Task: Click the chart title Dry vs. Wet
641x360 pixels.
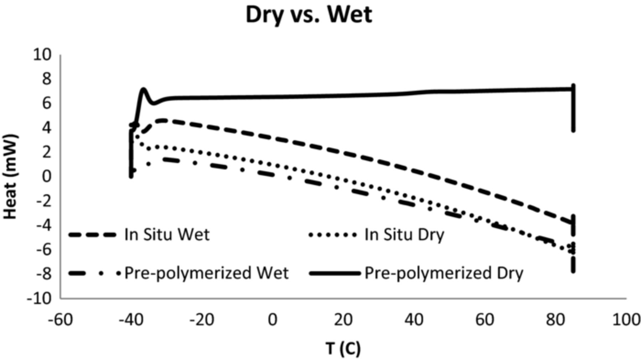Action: point(309,15)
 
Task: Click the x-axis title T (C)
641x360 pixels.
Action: point(343,348)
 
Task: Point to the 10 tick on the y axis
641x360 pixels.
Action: point(42,55)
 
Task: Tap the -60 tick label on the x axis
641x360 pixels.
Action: point(61,320)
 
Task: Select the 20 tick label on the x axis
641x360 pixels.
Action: point(343,320)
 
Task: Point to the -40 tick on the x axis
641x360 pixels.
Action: point(131,320)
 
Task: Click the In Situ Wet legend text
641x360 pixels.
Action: point(167,235)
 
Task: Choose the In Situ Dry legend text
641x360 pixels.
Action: point(404,235)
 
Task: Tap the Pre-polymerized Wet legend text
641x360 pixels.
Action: point(206,273)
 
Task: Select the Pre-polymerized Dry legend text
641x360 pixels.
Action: point(444,273)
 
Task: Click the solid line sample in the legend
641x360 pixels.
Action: point(335,273)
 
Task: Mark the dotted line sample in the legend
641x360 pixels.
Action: point(333,235)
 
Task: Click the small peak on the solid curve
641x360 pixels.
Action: point(144,89)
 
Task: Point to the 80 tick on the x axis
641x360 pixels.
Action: point(555,320)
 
